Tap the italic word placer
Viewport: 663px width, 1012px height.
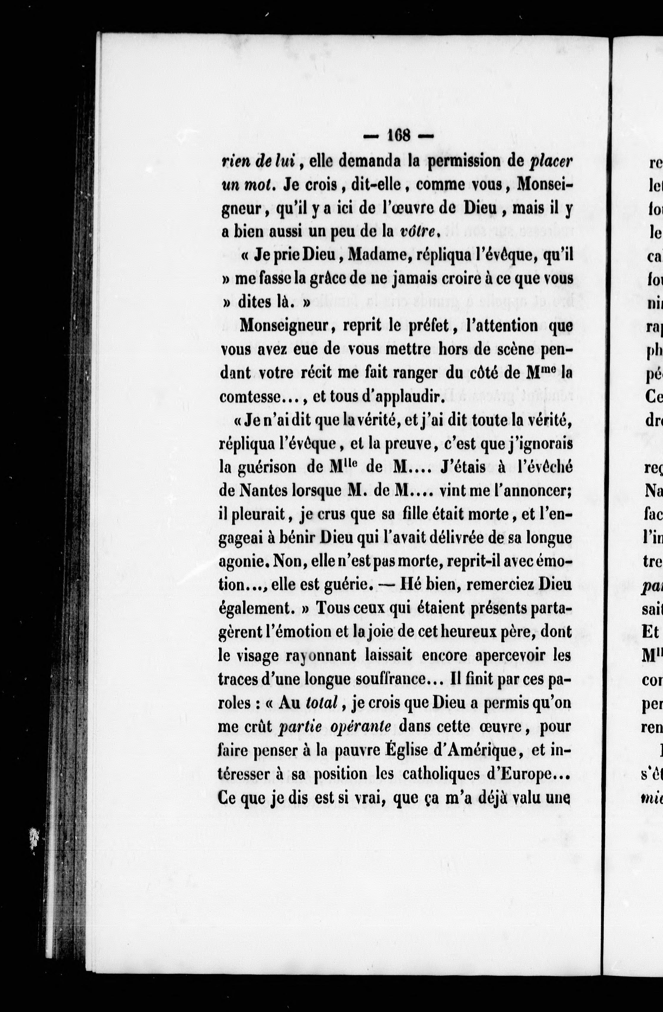pos(552,161)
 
